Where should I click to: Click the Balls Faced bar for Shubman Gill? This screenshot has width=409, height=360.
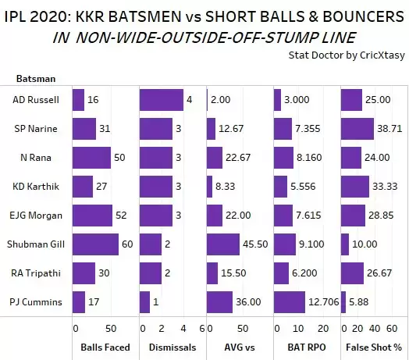(x=94, y=244)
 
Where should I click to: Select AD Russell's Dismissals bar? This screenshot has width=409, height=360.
(x=161, y=100)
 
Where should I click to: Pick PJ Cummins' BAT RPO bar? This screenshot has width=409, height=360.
(x=289, y=301)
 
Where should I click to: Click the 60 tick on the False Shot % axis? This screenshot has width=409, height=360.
(x=392, y=328)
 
